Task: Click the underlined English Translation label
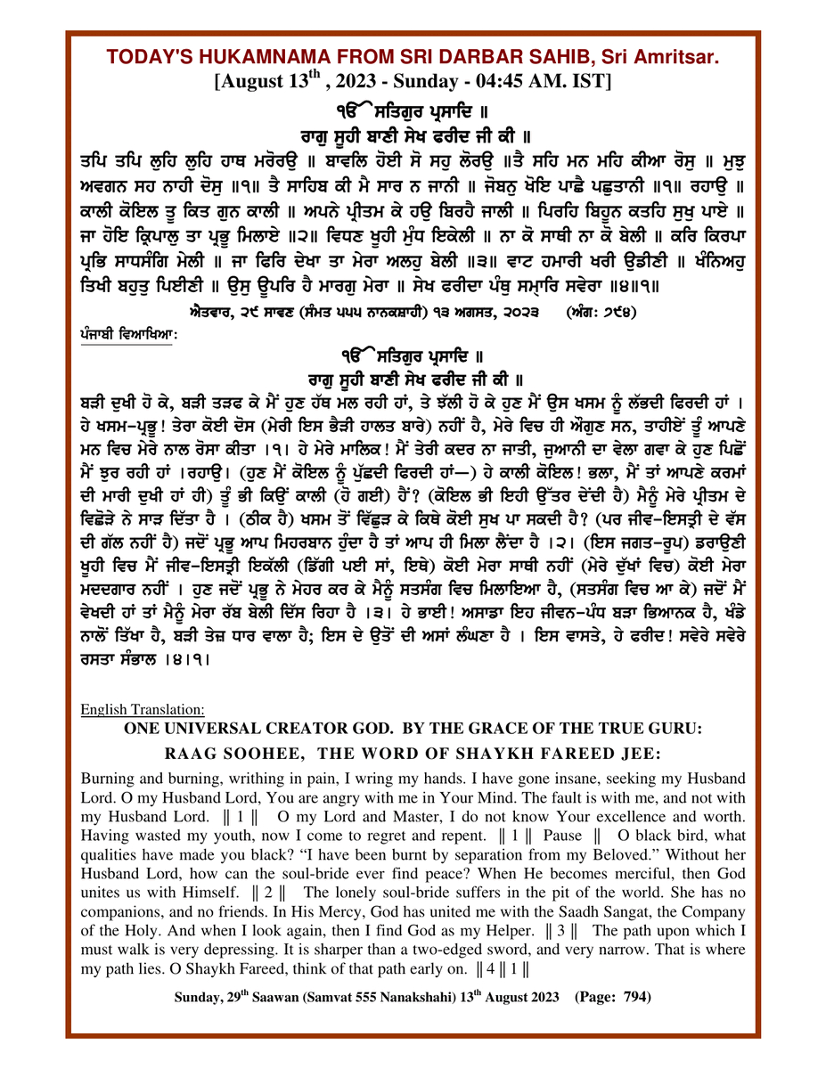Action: coord(143,710)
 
